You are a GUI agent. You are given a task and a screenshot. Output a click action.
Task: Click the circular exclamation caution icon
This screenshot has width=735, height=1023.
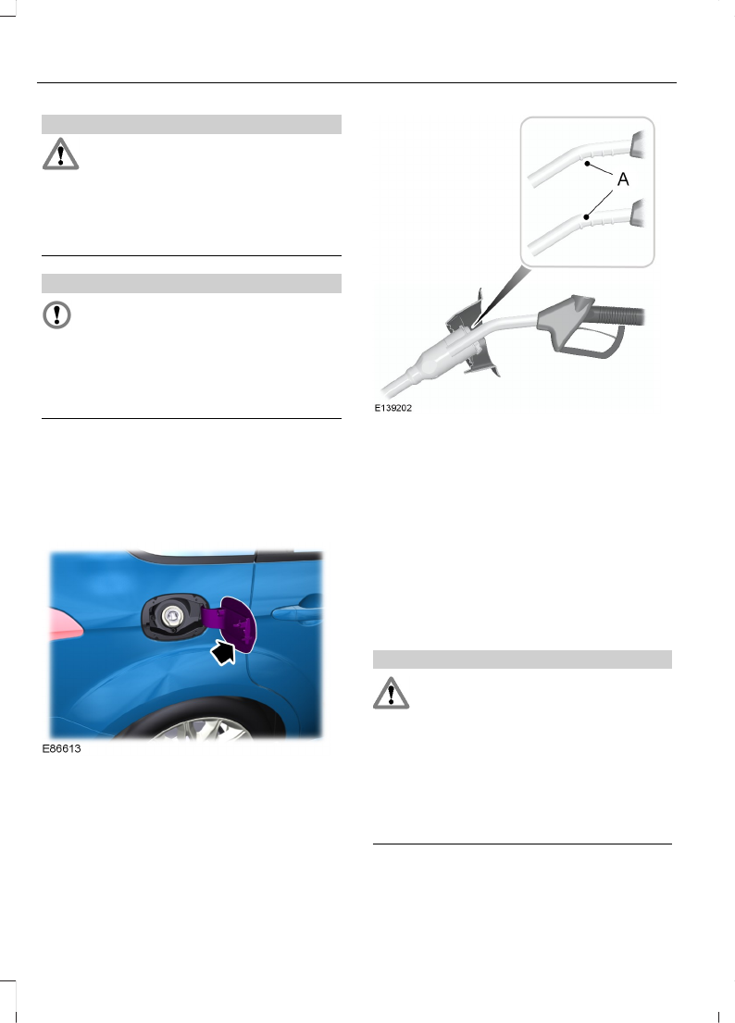[x=57, y=314]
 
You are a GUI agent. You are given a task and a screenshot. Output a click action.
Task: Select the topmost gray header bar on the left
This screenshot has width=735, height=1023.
[x=192, y=124]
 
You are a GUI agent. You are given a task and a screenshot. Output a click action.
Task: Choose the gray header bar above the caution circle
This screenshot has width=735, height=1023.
[x=192, y=282]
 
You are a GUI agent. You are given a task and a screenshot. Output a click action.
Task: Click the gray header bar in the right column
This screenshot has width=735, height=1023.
[x=521, y=659]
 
